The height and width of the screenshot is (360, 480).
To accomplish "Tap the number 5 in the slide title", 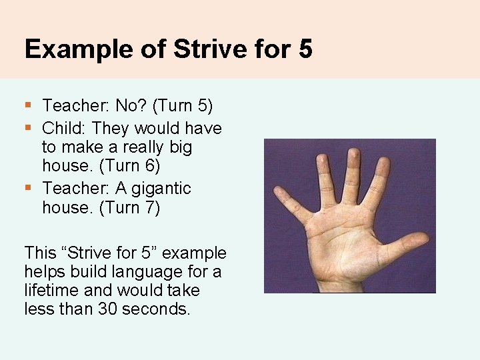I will (x=305, y=49).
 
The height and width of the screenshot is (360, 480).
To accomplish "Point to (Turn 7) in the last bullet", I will (x=129, y=207).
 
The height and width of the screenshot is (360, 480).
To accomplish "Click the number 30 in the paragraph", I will (x=108, y=309).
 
